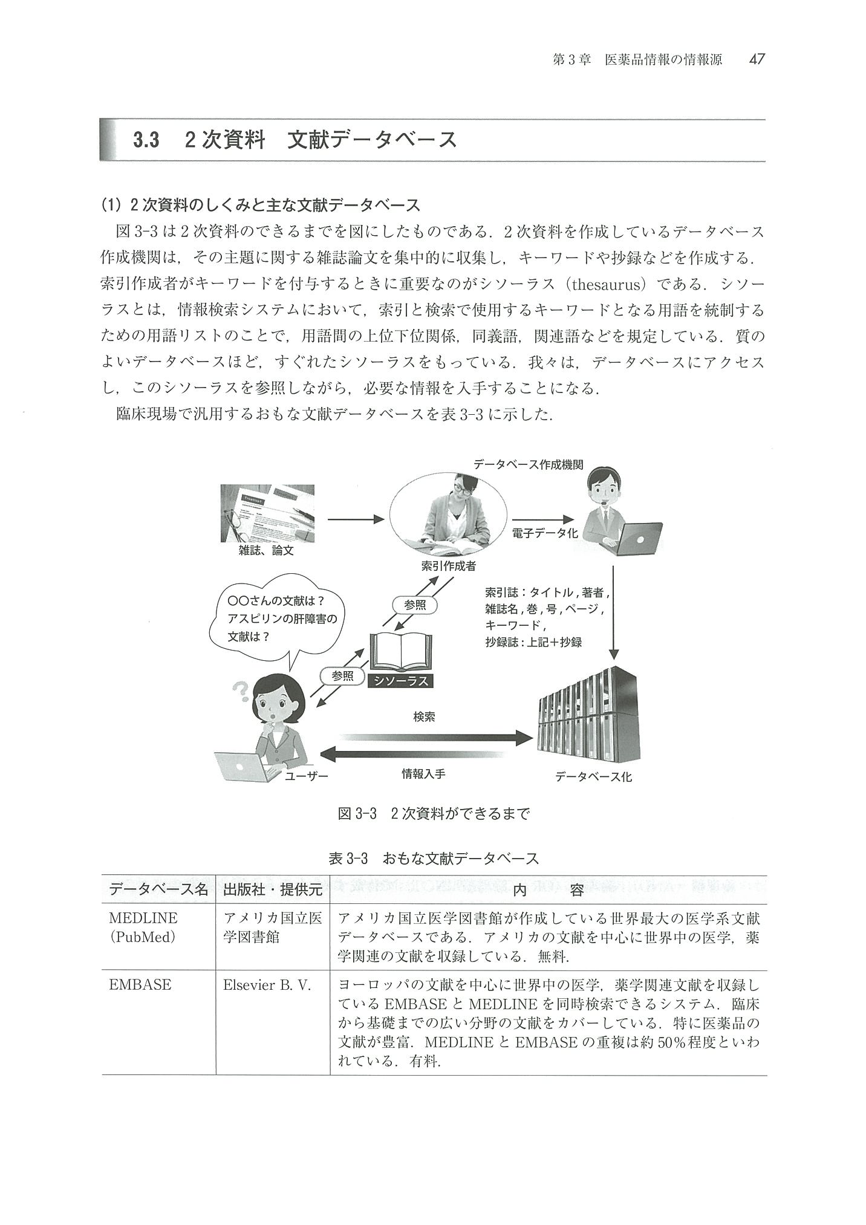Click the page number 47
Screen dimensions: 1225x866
pos(757,59)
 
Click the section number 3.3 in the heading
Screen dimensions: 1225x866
pos(146,140)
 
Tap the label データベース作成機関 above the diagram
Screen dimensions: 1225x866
pos(528,465)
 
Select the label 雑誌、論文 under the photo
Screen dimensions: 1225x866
pos(266,550)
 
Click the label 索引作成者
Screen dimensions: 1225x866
pos(448,567)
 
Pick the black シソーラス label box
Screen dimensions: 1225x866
pos(401,681)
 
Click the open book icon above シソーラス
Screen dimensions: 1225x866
pos(401,652)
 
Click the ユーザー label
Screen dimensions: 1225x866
pos(307,775)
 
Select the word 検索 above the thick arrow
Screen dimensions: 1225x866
pos(424,717)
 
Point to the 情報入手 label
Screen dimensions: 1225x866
pos(423,773)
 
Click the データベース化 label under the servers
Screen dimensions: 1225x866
pos(593,777)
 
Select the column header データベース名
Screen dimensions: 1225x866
pos(158,890)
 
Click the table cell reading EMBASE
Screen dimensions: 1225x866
pos(140,985)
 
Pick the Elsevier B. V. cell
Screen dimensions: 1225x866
pos(267,985)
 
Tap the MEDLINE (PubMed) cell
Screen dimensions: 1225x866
pos(143,928)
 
